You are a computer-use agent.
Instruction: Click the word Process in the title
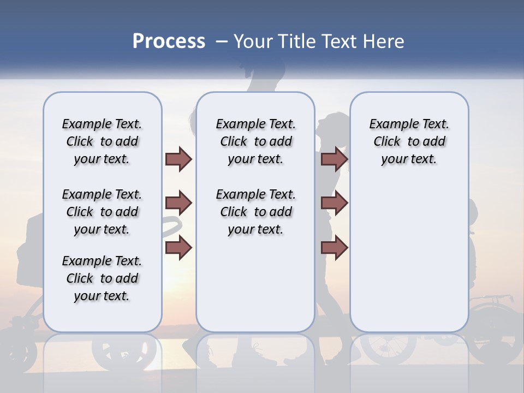(x=169, y=41)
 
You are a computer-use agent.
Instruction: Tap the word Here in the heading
(x=383, y=41)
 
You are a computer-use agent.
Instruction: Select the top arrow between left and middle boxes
(x=179, y=159)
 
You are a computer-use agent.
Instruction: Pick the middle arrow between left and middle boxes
(x=179, y=204)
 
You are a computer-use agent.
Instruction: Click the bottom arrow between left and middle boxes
(x=179, y=247)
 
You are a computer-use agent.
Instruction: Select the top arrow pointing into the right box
(x=334, y=159)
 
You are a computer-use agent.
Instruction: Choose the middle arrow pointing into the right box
(x=334, y=204)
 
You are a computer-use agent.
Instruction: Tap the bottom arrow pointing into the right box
(x=334, y=247)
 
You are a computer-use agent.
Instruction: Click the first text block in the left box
(x=102, y=141)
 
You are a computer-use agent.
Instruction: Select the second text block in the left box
(x=102, y=212)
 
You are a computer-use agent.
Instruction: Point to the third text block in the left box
(x=102, y=278)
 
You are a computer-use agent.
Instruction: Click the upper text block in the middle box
(x=255, y=141)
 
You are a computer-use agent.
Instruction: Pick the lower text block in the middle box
(x=255, y=212)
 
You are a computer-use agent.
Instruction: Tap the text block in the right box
(x=409, y=141)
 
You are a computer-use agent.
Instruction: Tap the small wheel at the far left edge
(x=22, y=349)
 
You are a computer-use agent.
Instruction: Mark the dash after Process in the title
(x=221, y=41)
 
